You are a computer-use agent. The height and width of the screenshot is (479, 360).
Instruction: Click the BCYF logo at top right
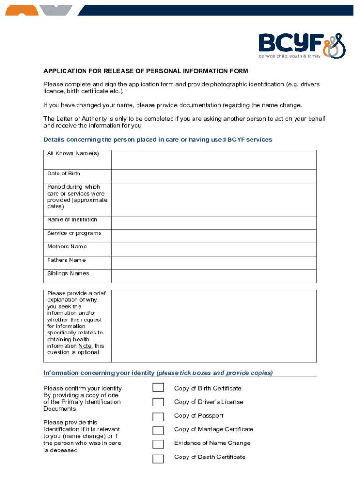[302, 45]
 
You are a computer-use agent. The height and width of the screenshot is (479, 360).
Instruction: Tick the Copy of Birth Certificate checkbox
[158, 388]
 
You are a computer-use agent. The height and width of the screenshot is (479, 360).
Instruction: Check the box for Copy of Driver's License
[158, 402]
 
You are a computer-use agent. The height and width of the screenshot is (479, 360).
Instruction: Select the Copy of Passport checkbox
[158, 416]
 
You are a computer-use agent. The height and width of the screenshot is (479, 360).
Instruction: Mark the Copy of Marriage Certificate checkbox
[158, 430]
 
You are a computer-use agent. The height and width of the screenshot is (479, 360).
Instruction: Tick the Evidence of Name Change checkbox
[158, 443]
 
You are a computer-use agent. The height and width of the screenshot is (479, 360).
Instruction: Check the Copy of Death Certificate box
[158, 458]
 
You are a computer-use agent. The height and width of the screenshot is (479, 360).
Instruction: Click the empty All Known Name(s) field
[213, 160]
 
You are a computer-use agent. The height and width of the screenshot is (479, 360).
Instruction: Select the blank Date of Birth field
[213, 176]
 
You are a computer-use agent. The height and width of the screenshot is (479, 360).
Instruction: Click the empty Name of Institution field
[213, 222]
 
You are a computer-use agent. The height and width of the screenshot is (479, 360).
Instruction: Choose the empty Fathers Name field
[213, 262]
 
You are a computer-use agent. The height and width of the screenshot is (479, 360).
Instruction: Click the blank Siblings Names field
[213, 276]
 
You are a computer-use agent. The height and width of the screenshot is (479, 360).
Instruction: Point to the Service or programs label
[74, 233]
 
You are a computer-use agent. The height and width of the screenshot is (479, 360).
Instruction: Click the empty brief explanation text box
[213, 326]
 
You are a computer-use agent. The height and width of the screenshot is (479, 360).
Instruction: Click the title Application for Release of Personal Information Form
[145, 71]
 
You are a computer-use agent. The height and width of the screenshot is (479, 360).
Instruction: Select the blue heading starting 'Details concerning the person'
[158, 140]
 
